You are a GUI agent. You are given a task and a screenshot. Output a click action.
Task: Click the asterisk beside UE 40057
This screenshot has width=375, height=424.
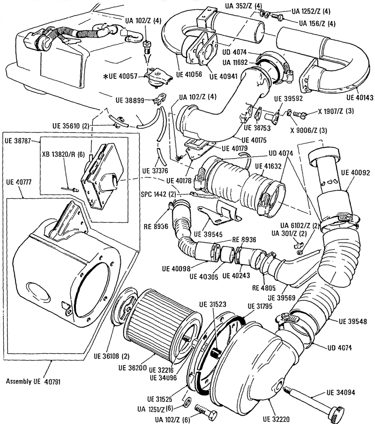click(106, 77)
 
